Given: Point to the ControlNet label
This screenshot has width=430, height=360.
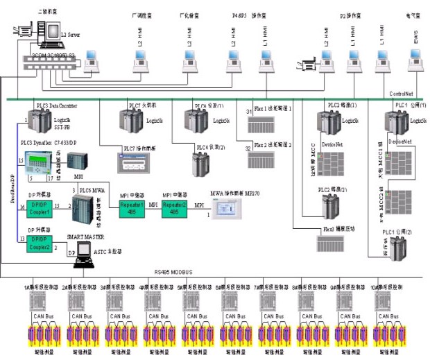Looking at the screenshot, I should coord(402,93).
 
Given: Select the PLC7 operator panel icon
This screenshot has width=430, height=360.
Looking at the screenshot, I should coord(137,162).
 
